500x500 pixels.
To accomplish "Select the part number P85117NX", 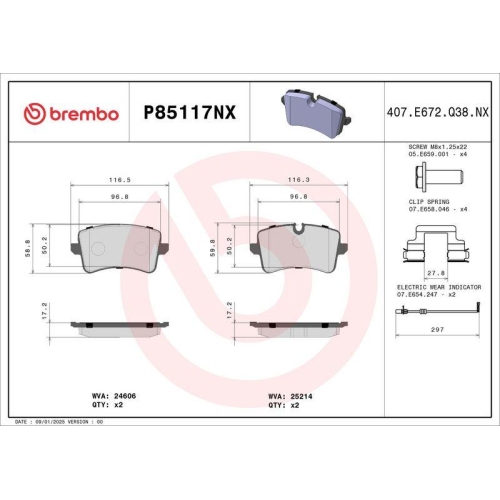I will pyautogui.click(x=190, y=113).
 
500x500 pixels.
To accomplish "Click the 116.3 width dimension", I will pyautogui.click(x=298, y=180).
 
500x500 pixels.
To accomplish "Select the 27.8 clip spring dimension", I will pyautogui.click(x=436, y=271).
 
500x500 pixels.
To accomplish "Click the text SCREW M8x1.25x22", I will pyautogui.click(x=438, y=148).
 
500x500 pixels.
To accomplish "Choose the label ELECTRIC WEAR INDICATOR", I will pyautogui.click(x=438, y=287).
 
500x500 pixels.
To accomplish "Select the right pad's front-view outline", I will pyautogui.click(x=298, y=251).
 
